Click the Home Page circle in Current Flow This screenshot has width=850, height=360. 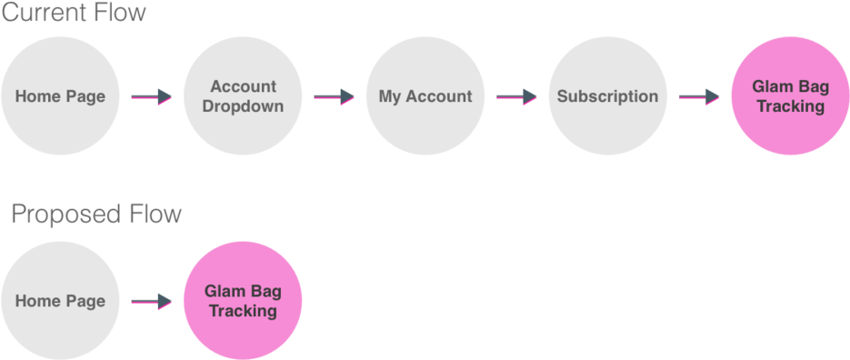[x=60, y=96]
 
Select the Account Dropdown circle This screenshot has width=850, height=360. [x=243, y=96]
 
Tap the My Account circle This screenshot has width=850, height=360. [x=425, y=96]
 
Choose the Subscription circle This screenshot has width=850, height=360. [x=607, y=96]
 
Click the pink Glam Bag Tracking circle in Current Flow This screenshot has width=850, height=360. [x=790, y=96]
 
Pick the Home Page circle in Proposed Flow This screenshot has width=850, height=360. [x=60, y=301]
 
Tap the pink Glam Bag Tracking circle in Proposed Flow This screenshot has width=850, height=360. [x=243, y=301]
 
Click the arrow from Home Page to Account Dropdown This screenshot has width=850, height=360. [x=151, y=97]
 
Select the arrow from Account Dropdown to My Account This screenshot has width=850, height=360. [x=334, y=97]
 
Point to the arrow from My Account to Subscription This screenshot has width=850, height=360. [x=516, y=97]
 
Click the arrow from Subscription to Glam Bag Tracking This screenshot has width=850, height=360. [x=699, y=97]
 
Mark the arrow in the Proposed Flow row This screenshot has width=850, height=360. [x=151, y=302]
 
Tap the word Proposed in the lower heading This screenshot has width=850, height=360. [x=65, y=215]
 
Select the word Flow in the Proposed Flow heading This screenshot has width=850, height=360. [x=155, y=215]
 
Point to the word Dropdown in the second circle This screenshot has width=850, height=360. [x=243, y=106]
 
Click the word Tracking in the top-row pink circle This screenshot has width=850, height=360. [x=790, y=106]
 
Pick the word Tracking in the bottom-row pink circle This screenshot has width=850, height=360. [x=243, y=311]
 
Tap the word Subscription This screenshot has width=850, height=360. [x=607, y=96]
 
